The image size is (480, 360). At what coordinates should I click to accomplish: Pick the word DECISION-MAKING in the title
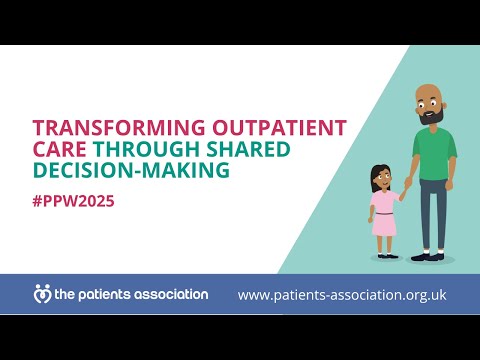[x=131, y=170]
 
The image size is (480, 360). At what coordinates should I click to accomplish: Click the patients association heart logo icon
[x=42, y=295]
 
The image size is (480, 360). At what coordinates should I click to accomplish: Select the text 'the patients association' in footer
[x=130, y=295]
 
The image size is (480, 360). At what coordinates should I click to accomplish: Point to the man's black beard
[x=430, y=117]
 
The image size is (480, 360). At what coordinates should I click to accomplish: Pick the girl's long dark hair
[x=374, y=180]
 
